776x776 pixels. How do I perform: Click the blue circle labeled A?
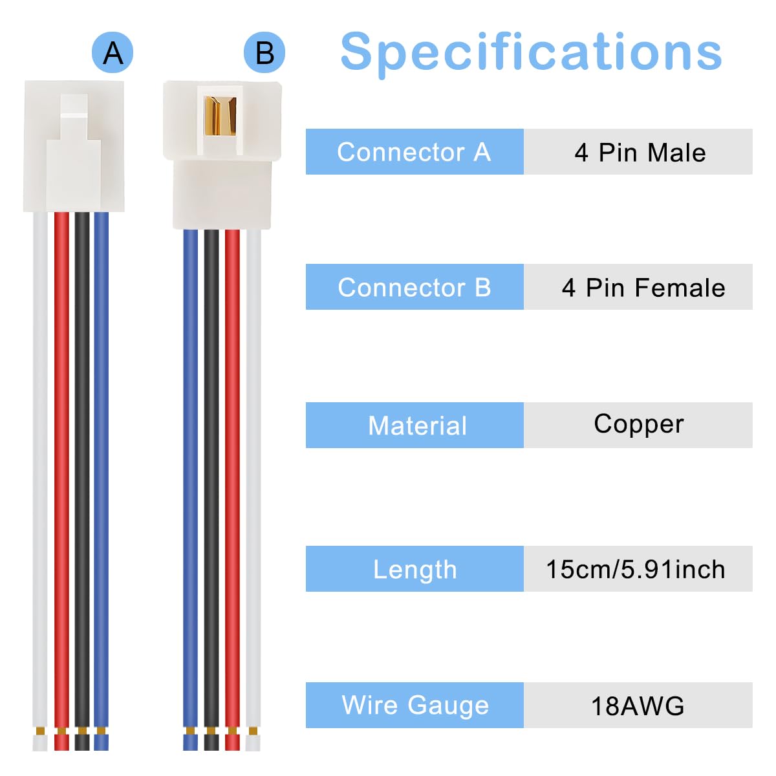[113, 52]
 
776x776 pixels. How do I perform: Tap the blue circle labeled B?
[264, 52]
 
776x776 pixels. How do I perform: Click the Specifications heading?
[531, 53]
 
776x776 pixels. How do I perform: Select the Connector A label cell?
[415, 151]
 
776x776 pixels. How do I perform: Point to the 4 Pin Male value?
[640, 153]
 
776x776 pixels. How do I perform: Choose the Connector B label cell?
[415, 286]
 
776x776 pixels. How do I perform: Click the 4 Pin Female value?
[643, 288]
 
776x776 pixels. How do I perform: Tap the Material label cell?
[415, 425]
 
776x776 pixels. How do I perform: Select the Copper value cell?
[638, 425]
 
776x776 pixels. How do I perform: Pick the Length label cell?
[415, 568]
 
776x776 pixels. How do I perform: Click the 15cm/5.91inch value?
[636, 570]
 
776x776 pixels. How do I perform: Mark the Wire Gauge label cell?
[415, 705]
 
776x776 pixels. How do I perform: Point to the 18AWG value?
[638, 706]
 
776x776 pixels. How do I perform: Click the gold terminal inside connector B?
[220, 116]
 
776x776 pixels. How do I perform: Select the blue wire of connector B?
[190, 490]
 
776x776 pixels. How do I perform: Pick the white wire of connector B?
[253, 490]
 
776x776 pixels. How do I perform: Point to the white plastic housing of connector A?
[74, 146]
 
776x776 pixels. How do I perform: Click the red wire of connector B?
[232, 490]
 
